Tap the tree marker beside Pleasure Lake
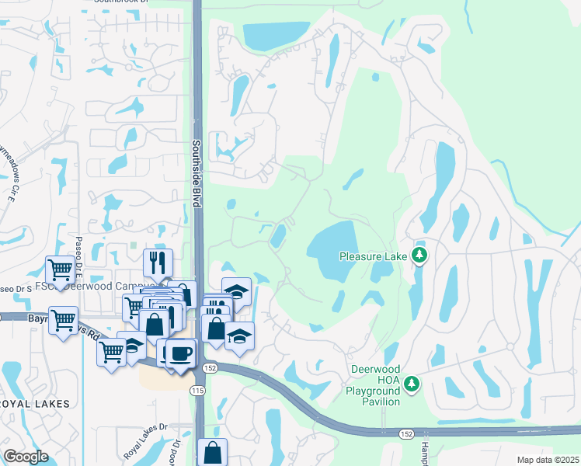(x=419, y=255)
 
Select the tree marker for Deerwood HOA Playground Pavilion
(x=414, y=382)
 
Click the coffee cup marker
(x=181, y=353)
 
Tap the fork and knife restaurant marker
(x=158, y=263)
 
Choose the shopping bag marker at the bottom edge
(x=212, y=452)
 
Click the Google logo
(x=26, y=457)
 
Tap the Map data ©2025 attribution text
(x=548, y=460)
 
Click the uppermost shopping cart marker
(x=61, y=270)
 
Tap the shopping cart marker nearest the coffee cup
(x=111, y=353)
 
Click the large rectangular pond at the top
(x=275, y=35)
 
